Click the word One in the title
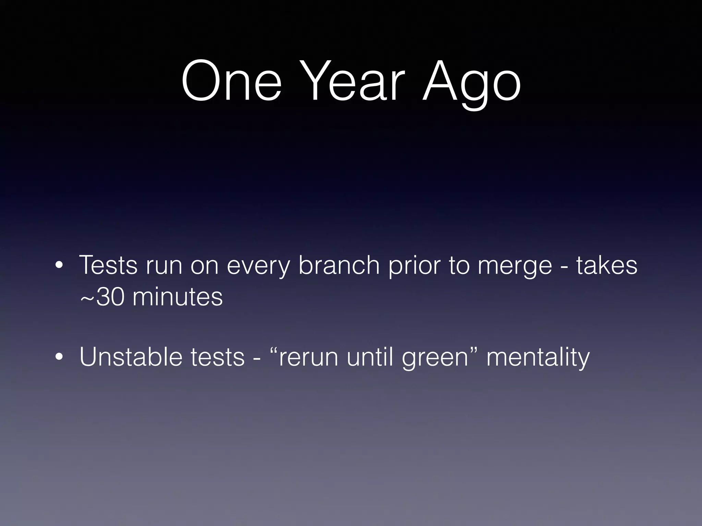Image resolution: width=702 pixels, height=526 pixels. click(x=232, y=82)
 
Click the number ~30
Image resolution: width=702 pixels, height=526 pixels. click(x=102, y=297)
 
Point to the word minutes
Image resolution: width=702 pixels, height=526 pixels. click(x=178, y=297)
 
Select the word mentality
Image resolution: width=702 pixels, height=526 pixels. click(x=538, y=357)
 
